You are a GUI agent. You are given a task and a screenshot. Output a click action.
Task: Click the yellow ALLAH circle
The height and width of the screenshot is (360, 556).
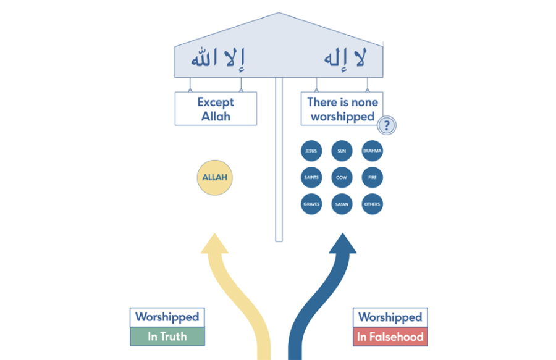tap(215, 178)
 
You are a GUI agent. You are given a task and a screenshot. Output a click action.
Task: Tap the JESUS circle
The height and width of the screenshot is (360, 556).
tap(311, 151)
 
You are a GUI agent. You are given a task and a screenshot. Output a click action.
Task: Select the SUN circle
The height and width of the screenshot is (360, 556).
tap(342, 151)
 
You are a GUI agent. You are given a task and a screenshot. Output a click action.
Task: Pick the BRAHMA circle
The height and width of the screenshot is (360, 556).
tap(373, 151)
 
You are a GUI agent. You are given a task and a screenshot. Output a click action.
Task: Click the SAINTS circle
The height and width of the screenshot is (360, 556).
tap(311, 178)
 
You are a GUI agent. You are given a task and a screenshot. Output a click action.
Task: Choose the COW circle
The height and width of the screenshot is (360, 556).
tap(342, 178)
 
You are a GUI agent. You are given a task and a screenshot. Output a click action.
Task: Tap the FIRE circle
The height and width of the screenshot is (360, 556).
tap(373, 178)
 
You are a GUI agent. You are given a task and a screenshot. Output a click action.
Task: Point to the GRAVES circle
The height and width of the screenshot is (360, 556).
tap(311, 204)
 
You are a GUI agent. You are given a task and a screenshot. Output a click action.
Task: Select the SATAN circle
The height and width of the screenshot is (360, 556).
tap(342, 204)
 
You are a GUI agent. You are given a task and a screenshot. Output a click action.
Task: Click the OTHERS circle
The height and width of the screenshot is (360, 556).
tap(373, 204)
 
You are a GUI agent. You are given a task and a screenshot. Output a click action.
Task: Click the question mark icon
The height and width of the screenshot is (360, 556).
tap(387, 126)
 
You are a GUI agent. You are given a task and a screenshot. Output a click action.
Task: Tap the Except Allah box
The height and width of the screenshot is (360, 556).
tap(216, 109)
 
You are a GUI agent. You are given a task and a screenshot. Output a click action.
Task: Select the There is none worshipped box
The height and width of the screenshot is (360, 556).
tap(342, 109)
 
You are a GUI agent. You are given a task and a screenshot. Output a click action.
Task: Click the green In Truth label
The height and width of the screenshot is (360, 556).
tap(167, 337)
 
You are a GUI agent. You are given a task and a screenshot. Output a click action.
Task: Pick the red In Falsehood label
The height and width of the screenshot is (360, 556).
tap(390, 337)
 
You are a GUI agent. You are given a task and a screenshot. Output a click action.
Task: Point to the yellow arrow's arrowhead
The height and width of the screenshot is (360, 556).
tap(214, 244)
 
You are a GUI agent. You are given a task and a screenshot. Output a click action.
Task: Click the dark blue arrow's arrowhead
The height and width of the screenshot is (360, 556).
tap(343, 244)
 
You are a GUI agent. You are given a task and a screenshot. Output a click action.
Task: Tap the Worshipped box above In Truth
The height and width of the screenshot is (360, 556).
tap(167, 317)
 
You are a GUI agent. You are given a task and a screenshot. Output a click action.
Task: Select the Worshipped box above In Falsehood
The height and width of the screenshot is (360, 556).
tap(390, 317)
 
